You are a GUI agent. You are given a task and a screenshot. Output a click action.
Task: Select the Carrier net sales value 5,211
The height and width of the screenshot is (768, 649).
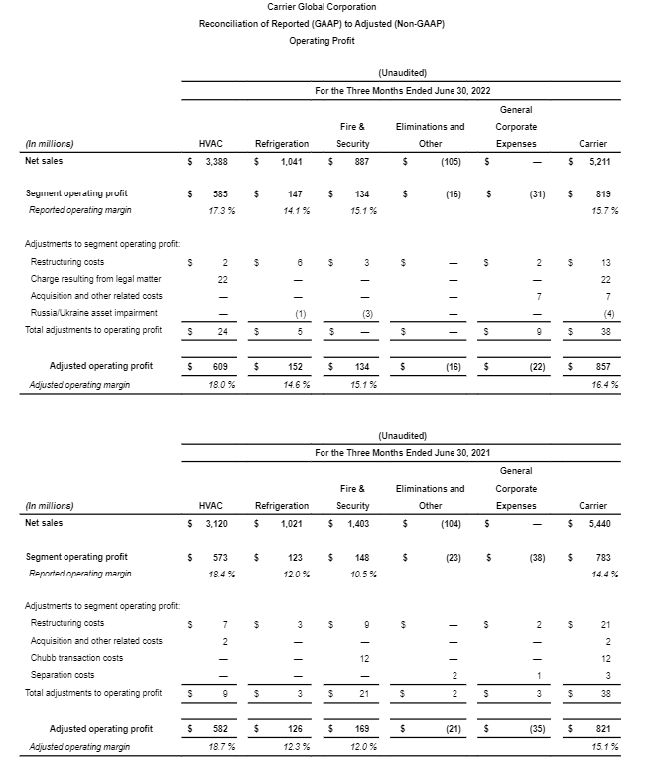598,160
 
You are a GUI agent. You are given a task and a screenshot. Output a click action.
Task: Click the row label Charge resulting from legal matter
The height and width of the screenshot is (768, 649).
94,279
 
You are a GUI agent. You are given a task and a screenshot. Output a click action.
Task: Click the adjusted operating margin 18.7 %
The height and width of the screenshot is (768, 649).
215,746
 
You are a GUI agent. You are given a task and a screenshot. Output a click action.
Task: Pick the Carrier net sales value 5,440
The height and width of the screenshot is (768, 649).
598,522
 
